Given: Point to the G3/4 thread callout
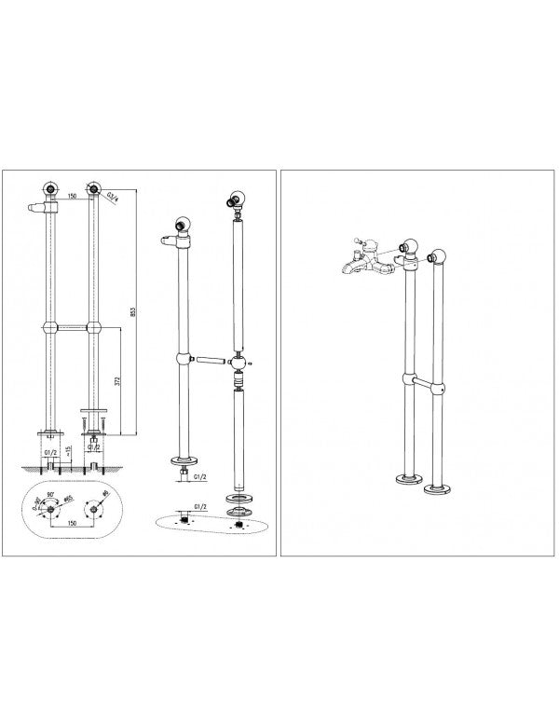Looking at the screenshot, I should pos(112,197).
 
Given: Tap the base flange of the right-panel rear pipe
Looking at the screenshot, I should pos(434,487).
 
